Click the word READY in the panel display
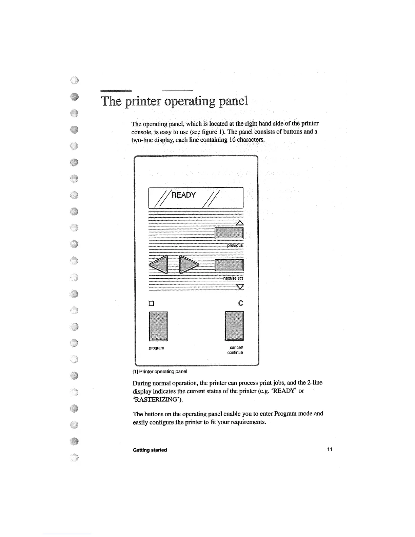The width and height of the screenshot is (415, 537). click(183, 195)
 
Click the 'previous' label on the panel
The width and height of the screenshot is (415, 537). click(235, 245)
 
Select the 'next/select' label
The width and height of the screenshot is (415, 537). click(233, 278)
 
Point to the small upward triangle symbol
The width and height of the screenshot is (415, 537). click(240, 223)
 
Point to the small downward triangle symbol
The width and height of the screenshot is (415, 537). click(240, 287)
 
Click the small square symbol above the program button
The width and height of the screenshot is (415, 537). click(152, 303)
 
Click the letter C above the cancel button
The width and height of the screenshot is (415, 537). click(241, 303)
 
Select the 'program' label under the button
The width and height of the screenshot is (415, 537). click(156, 348)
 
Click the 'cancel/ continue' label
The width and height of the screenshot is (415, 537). click(236, 350)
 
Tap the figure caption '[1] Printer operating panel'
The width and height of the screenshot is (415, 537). click(160, 371)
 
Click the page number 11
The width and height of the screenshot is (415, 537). click(330, 450)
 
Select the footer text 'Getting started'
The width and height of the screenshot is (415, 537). click(150, 450)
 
